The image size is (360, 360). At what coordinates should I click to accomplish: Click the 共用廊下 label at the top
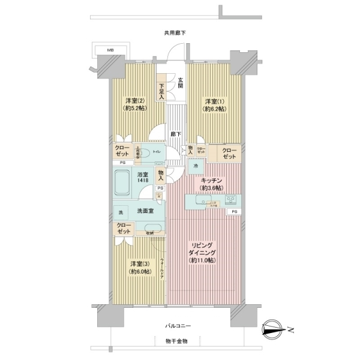tap(175, 33)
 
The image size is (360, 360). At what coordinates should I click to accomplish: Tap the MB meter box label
tap(110, 50)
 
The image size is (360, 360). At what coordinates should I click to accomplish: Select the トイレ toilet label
tap(155, 153)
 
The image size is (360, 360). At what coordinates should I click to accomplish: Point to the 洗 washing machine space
tap(121, 213)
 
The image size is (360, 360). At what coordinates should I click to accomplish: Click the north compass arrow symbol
tap(277, 329)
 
